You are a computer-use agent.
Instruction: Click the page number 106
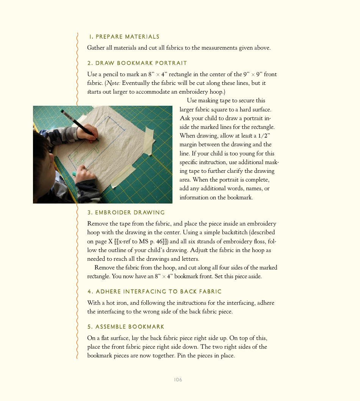(178, 380)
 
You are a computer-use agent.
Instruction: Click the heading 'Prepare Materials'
(124, 37)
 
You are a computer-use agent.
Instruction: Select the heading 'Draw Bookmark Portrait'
(137, 63)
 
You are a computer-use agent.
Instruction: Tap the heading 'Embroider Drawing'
(126, 213)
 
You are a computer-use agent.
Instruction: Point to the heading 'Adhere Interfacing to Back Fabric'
(154, 291)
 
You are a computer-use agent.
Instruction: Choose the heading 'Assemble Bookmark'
(126, 327)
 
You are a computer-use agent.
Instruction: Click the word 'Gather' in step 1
(96, 48)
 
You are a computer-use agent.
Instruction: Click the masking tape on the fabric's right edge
(149, 140)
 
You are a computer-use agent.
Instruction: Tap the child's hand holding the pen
(88, 133)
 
